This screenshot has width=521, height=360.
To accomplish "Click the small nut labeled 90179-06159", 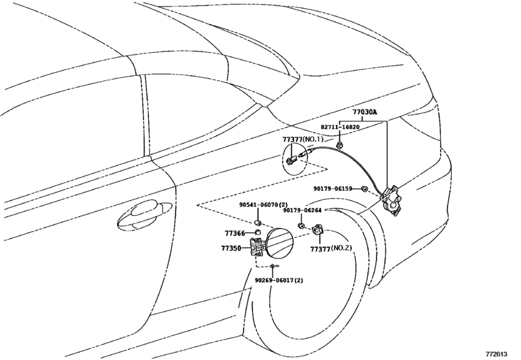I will [364, 189].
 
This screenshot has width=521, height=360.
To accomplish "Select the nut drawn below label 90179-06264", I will [301, 226].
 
